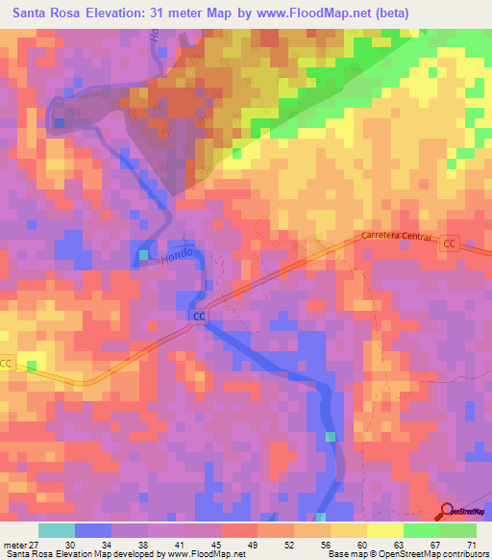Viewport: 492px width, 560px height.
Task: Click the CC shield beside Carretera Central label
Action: point(449,244)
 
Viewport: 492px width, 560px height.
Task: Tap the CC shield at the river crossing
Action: point(200,316)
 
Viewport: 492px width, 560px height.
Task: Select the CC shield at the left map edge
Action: point(6,363)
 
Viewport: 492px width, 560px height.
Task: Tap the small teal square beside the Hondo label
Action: point(143,255)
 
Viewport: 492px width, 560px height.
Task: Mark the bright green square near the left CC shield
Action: point(32,366)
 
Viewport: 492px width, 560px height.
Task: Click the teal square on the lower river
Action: point(331,437)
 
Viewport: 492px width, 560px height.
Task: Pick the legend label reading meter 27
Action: point(20,545)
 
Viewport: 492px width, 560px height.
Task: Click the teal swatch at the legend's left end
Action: point(56,530)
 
